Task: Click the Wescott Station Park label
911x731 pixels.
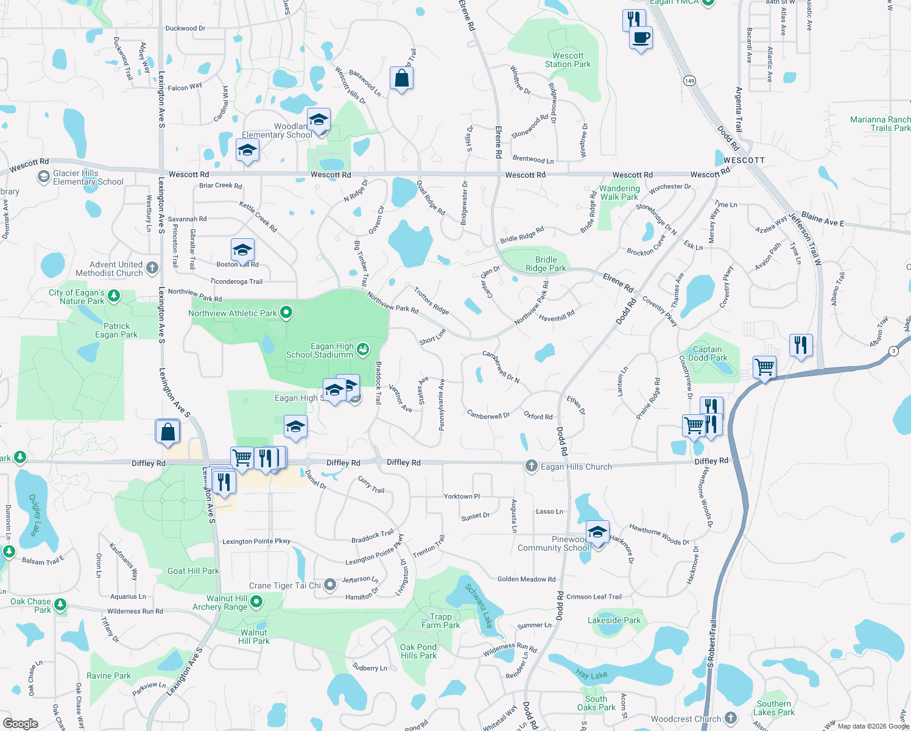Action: click(568, 60)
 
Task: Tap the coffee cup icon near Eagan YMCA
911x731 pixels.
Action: click(641, 38)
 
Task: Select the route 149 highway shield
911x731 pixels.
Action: click(689, 81)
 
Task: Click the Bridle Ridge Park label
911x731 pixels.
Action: click(546, 264)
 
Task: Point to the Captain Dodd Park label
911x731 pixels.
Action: click(707, 353)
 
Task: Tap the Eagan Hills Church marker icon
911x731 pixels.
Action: click(532, 467)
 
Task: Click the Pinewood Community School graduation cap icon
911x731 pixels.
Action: click(597, 532)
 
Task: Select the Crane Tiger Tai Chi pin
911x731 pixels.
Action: click(330, 585)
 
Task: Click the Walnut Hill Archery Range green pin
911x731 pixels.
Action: click(256, 602)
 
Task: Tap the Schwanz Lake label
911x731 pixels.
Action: click(479, 606)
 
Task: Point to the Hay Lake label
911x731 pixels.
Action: click(591, 675)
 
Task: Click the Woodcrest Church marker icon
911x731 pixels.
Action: click(731, 719)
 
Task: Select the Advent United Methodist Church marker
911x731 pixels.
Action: click(152, 268)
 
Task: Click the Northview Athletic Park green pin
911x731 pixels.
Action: click(286, 313)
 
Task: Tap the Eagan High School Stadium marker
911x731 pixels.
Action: click(363, 349)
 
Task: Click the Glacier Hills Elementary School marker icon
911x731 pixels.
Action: click(43, 177)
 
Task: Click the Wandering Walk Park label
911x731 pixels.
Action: click(619, 192)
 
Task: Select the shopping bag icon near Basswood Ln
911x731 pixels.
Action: click(401, 79)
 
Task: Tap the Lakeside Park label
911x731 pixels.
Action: click(614, 620)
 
